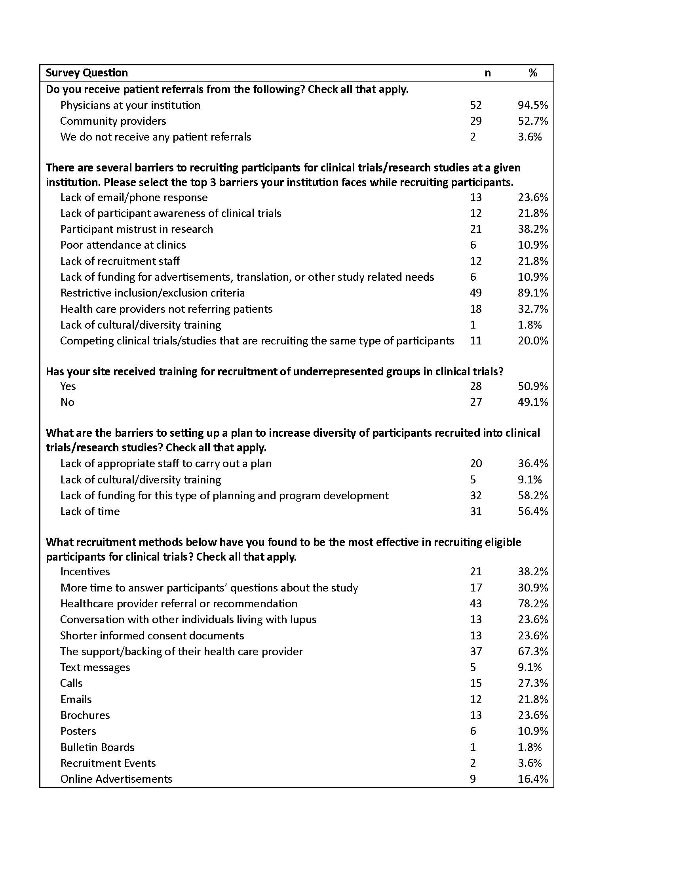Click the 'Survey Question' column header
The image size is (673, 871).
coord(87,73)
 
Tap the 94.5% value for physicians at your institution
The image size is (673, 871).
coord(532,105)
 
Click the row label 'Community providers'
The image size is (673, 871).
coord(113,121)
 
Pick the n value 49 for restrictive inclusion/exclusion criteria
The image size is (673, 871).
coord(475,293)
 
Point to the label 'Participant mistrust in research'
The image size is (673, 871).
coord(137,229)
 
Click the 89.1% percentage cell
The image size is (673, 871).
coord(532,293)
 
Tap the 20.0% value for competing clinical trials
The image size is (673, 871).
coord(532,341)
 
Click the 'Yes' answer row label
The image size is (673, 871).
coord(68,386)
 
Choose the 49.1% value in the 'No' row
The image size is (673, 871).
coord(532,402)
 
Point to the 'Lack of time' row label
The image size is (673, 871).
coord(90,512)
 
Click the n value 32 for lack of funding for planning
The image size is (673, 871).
coord(475,496)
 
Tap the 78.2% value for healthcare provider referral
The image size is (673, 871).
coord(532,604)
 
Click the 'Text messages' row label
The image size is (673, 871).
coord(95,668)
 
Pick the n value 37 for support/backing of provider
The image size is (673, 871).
coord(475,652)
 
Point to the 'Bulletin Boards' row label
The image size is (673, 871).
coord(97,747)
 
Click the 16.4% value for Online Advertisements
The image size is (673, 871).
coord(532,779)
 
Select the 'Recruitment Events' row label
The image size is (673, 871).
coord(108,763)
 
